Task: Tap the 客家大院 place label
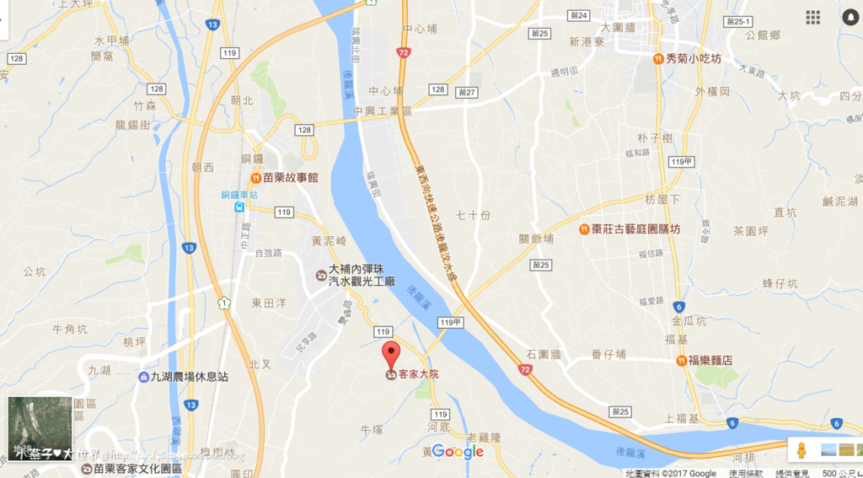pyautogui.click(x=418, y=374)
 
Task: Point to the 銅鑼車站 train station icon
pyautogui.click(x=241, y=207)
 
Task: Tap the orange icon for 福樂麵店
pyautogui.click(x=680, y=360)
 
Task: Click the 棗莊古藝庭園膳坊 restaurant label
pyautogui.click(x=635, y=229)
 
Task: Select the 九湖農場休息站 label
pyautogui.click(x=190, y=377)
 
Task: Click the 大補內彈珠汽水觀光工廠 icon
pyautogui.click(x=320, y=275)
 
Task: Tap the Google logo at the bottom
pyautogui.click(x=458, y=452)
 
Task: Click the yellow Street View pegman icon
pyautogui.click(x=802, y=448)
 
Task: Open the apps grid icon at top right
pyautogui.click(x=812, y=18)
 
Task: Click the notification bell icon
pyautogui.click(x=848, y=18)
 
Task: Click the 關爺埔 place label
pyautogui.click(x=537, y=239)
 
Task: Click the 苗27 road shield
pyautogui.click(x=466, y=91)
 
